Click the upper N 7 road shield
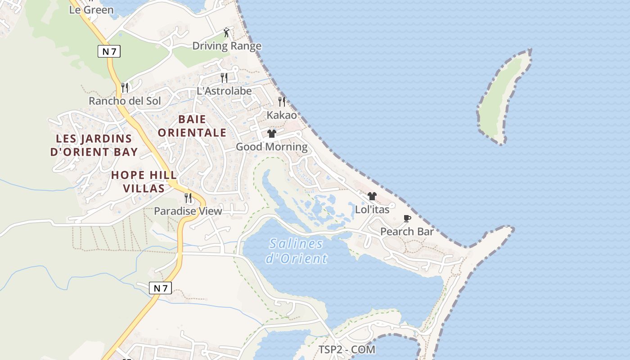(x=109, y=51)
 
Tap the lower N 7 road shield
(x=160, y=288)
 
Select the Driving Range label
(x=227, y=46)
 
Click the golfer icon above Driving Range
(x=227, y=32)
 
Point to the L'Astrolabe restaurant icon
(x=224, y=77)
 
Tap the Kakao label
(x=282, y=115)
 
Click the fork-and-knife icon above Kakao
(x=282, y=101)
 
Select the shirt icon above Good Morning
(x=272, y=133)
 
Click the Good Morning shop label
(x=272, y=147)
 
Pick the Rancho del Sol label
(x=125, y=101)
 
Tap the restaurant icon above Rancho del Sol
(x=125, y=87)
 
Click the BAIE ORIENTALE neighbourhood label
(x=192, y=126)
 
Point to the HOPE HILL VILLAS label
(x=144, y=181)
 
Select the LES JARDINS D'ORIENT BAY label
(x=94, y=145)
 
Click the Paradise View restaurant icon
(x=188, y=198)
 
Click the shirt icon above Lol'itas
(x=372, y=196)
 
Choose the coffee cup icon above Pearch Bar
(x=407, y=218)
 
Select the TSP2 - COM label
(x=346, y=350)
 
